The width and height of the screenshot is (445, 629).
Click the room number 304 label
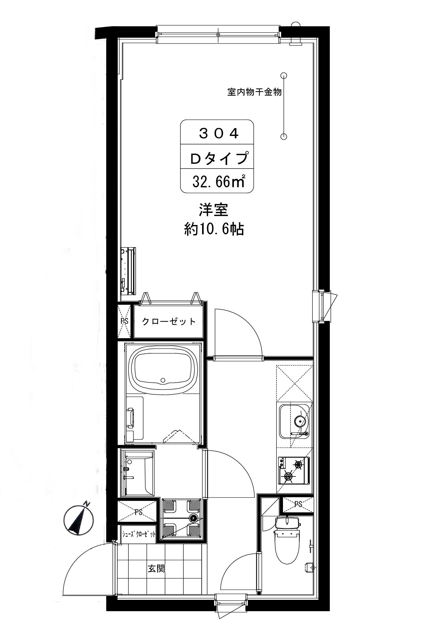pyautogui.click(x=219, y=134)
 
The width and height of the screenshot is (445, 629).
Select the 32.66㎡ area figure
pyautogui.click(x=218, y=181)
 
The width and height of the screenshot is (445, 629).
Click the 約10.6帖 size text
pyautogui.click(x=214, y=230)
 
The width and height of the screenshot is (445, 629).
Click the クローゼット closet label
pyautogui.click(x=168, y=321)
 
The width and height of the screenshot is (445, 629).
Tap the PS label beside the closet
pyautogui.click(x=124, y=321)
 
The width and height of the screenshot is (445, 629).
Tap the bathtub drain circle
pyautogui.click(x=163, y=380)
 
